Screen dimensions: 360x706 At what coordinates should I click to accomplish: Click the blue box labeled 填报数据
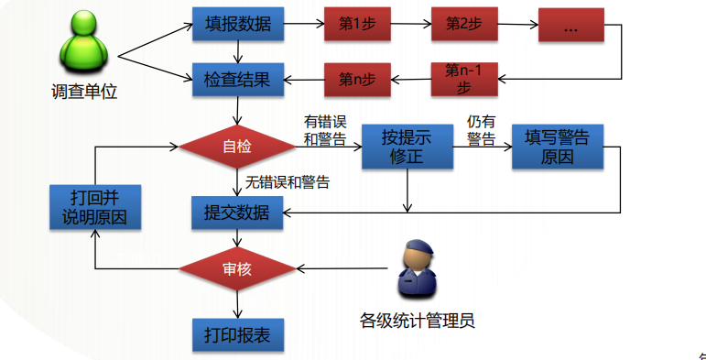238,25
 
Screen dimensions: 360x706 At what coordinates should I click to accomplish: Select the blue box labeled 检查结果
238,80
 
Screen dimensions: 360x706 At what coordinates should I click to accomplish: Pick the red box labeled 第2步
464,25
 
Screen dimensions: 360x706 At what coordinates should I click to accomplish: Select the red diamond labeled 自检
237,147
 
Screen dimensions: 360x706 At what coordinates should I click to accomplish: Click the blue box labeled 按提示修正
407,147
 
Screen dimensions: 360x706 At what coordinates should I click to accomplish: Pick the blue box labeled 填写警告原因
557,147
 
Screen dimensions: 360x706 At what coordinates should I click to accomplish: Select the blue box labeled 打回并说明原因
95,207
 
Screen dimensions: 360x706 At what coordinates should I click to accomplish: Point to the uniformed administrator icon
418,268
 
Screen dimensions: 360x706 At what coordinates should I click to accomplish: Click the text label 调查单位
84,93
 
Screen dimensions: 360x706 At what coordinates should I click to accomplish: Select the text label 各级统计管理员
418,321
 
